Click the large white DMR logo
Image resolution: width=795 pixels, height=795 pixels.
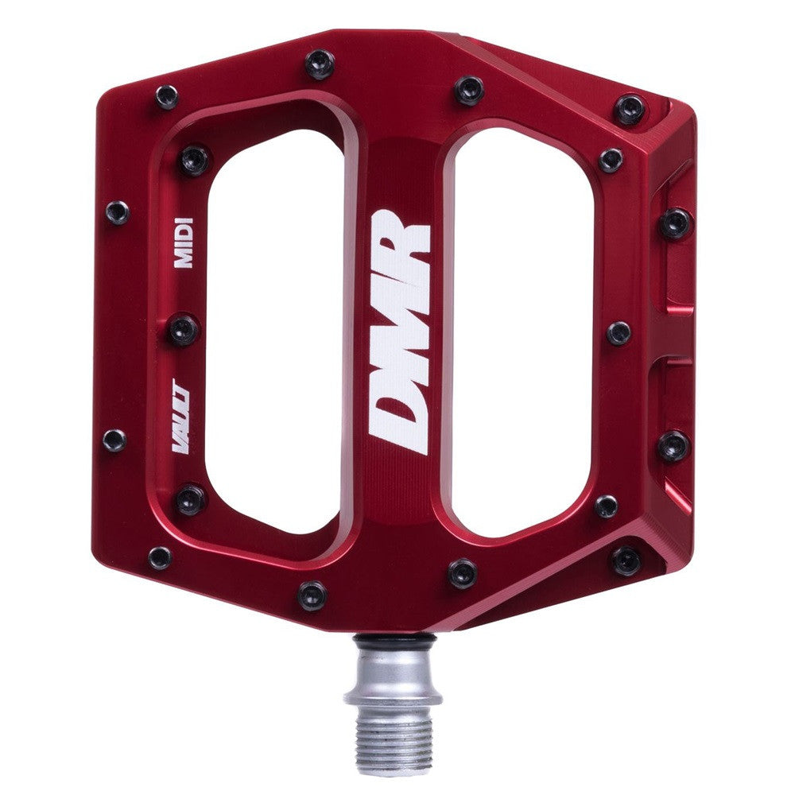click(x=400, y=332)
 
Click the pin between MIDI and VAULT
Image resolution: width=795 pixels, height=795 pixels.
click(x=184, y=328)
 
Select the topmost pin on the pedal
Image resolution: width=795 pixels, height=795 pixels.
click(x=320, y=64)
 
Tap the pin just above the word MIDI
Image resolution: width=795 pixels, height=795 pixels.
click(x=193, y=160)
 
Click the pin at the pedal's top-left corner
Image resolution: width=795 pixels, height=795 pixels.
click(x=167, y=97)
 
